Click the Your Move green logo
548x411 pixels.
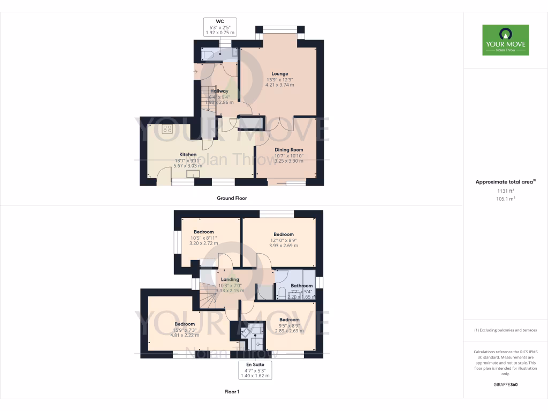click(505, 40)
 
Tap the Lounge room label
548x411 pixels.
click(279, 74)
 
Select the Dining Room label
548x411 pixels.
click(289, 150)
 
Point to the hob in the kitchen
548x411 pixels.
click(168, 128)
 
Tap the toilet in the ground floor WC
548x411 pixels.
click(209, 55)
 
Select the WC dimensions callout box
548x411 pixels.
click(219, 27)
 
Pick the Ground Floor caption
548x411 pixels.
click(232, 198)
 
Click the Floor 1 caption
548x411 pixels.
click(232, 392)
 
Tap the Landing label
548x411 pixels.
click(230, 279)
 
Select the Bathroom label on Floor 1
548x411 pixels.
click(301, 286)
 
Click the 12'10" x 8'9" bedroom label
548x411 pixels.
click(284, 234)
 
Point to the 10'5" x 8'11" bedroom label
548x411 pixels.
click(203, 232)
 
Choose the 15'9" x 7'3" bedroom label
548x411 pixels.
click(185, 324)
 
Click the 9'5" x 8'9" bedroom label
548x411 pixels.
click(289, 320)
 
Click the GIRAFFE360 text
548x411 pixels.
click(505, 385)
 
